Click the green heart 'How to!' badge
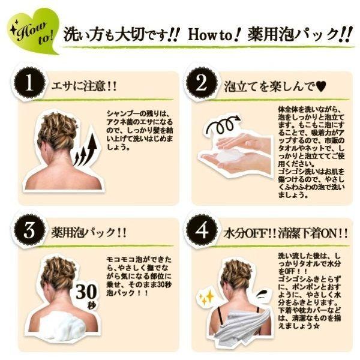tap(32, 31)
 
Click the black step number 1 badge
tap(29, 83)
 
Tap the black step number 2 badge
tap(202, 83)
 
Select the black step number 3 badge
tap(29, 230)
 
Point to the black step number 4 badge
tap(202, 230)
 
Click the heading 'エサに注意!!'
tap(84, 86)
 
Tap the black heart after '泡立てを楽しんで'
tap(320, 87)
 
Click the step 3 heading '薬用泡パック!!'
tap(89, 233)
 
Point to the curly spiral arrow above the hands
tap(223, 125)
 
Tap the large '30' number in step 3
tap(86, 292)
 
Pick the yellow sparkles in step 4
tap(206, 298)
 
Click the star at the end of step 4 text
tap(316, 326)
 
